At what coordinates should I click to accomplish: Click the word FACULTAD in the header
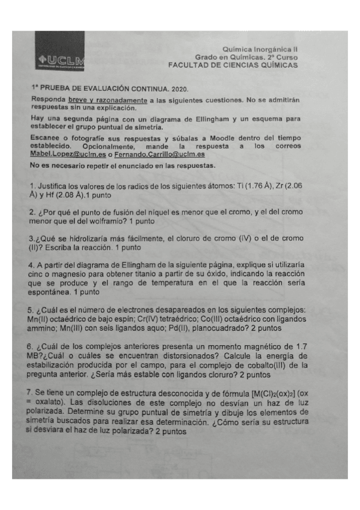189,64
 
